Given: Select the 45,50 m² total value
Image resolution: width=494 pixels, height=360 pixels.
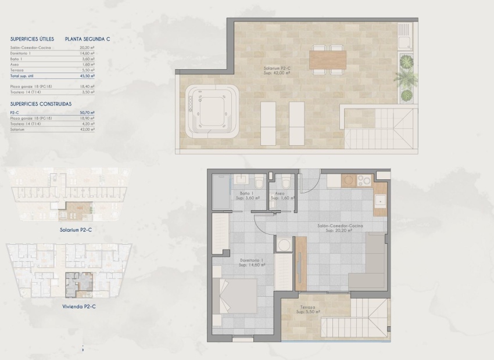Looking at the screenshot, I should (x=88, y=76).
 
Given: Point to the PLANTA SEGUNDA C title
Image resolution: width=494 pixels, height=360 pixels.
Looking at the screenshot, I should (x=88, y=39).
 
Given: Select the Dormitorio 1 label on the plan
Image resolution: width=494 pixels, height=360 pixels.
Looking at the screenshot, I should (x=252, y=262).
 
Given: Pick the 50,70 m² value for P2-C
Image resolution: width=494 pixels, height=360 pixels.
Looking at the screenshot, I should (x=88, y=113).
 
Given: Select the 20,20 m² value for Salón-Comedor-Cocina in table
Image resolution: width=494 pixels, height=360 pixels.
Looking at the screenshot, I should (x=88, y=47).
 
